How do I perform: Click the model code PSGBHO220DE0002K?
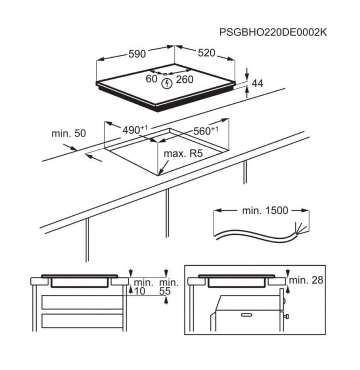[273, 32]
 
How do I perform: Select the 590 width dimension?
[137, 54]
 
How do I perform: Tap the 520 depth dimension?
[207, 53]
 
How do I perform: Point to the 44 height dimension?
[257, 84]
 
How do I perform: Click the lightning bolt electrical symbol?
[167, 84]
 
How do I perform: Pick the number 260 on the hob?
[184, 80]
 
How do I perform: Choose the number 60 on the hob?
[151, 79]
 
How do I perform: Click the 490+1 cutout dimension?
[135, 129]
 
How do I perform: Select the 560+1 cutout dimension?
[206, 131]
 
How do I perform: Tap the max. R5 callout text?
[183, 154]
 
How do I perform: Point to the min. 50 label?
[69, 134]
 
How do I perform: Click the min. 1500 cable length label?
[265, 210]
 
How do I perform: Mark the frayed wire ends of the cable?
[301, 228]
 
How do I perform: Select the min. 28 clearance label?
[306, 280]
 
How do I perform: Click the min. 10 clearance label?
[144, 287]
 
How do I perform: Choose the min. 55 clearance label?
[169, 287]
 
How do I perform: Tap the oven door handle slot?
[247, 315]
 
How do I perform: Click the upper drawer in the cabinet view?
[82, 302]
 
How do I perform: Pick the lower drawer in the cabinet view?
[82, 321]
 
